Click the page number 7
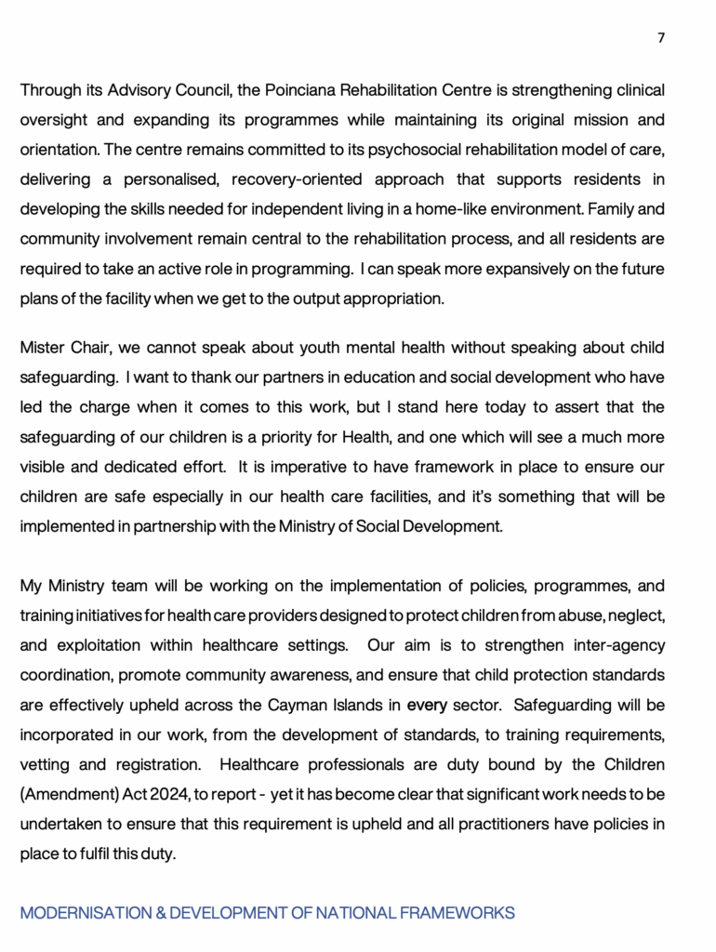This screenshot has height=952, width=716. pos(661,38)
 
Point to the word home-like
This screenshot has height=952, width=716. pos(442,209)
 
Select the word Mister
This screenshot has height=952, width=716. pos(43,349)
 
